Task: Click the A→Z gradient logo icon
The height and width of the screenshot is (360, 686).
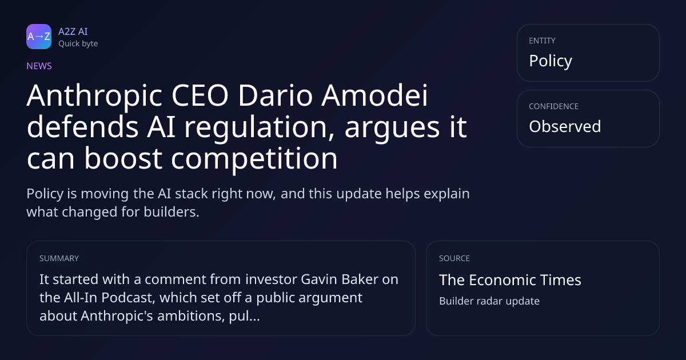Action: point(39,37)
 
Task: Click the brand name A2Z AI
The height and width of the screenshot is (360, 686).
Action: point(73,31)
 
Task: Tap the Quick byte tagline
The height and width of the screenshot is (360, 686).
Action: point(78,44)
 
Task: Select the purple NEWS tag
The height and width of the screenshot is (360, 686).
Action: point(39,66)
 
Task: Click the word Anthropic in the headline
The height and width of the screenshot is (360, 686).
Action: point(94,97)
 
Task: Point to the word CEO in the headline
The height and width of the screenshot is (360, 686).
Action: point(200,95)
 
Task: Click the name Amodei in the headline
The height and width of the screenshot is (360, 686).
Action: point(374,95)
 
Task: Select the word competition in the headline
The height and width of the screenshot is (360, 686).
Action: point(254,159)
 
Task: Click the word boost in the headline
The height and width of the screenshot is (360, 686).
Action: point(123,158)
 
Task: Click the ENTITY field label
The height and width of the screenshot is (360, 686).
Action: point(542,41)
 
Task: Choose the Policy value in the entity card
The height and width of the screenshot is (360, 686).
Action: point(551,61)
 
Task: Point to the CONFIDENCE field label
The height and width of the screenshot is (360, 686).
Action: point(554,106)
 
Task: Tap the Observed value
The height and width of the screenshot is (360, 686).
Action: point(565,126)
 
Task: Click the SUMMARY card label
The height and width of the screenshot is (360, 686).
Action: point(59,258)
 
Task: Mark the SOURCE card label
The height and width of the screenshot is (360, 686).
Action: point(454,258)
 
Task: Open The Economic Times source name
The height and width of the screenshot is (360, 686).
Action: point(510,280)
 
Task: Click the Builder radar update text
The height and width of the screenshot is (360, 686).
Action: point(489,301)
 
